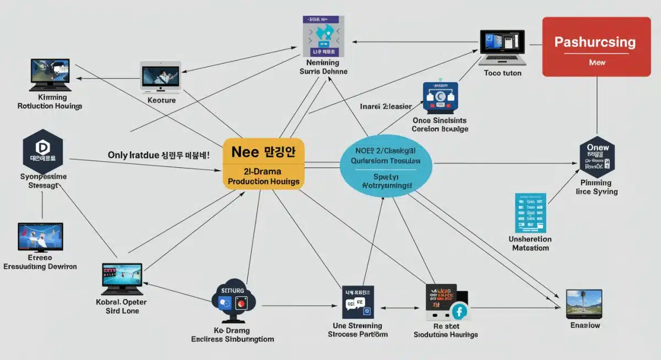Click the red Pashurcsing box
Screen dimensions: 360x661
(x=596, y=46)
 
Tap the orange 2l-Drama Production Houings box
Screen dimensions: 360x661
(x=263, y=163)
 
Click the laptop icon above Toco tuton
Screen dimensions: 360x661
(x=502, y=47)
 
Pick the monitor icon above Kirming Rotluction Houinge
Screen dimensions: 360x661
(x=50, y=75)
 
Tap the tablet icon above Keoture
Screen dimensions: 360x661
(x=161, y=76)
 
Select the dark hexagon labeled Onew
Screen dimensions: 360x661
(x=597, y=156)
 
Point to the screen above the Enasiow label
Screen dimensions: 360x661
(x=584, y=303)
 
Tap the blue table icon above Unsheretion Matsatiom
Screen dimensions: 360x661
(x=530, y=212)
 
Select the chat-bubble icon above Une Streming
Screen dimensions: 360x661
(x=358, y=302)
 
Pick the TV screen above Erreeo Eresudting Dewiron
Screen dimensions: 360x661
(x=40, y=237)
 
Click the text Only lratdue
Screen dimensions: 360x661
(x=133, y=155)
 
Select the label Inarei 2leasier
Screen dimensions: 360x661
(x=386, y=105)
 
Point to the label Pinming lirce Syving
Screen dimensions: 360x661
(x=596, y=187)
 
